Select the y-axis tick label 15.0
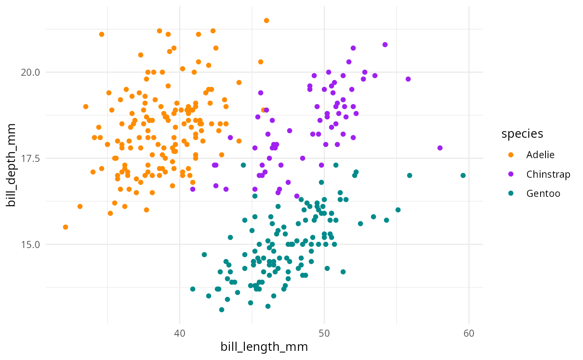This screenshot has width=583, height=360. coord(30,244)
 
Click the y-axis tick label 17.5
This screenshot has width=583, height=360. coord(30,158)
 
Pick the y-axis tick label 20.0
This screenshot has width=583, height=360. coord(30,72)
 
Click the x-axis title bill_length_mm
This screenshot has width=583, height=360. coord(264,347)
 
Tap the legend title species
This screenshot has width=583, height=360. coord(522,134)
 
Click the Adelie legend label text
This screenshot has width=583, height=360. coord(540,155)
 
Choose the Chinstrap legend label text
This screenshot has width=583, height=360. coord(548,174)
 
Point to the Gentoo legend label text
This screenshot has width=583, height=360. coord(543,193)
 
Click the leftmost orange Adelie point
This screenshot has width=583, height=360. coord(65,227)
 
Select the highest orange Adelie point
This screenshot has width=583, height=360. coord(267,20)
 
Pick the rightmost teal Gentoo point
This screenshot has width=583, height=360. coord(463,175)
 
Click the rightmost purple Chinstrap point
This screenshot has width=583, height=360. coord(440,148)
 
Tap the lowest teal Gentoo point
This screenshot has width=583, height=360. coord(222,310)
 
